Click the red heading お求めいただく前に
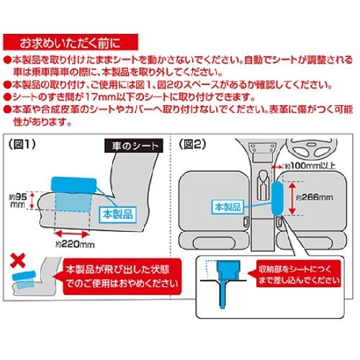(x=71, y=42)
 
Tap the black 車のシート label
(x=134, y=145)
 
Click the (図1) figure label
(x=22, y=145)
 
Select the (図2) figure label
(x=193, y=145)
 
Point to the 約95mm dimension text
(x=18, y=201)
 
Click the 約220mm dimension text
(x=75, y=244)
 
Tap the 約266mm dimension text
(x=315, y=197)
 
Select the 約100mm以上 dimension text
(x=310, y=166)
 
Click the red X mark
(x=18, y=261)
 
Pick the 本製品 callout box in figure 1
(x=118, y=215)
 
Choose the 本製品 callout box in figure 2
(x=228, y=207)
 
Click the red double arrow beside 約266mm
(x=292, y=198)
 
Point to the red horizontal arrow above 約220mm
(x=72, y=233)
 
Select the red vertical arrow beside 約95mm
(x=32, y=200)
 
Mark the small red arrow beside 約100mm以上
(x=278, y=166)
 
